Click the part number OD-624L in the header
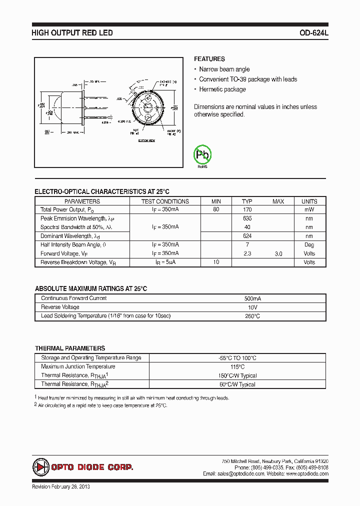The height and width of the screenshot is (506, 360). tap(313, 33)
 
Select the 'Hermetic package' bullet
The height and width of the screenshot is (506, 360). tap(222, 89)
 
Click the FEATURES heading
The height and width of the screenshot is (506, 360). tap(209, 59)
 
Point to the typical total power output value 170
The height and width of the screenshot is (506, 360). tap(247, 210)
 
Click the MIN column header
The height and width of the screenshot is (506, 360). tap(216, 201)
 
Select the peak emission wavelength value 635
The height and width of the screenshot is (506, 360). tap(247, 218)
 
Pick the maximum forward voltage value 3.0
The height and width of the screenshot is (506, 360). tap(278, 254)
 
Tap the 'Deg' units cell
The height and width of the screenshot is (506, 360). tap(309, 245)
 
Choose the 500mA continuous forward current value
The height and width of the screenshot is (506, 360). tap(253, 298)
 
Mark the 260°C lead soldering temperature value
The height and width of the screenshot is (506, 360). tap(253, 316)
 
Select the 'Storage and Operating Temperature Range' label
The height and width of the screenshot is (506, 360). tap(91, 358)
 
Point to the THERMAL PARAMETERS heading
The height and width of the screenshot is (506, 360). tap(70, 348)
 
